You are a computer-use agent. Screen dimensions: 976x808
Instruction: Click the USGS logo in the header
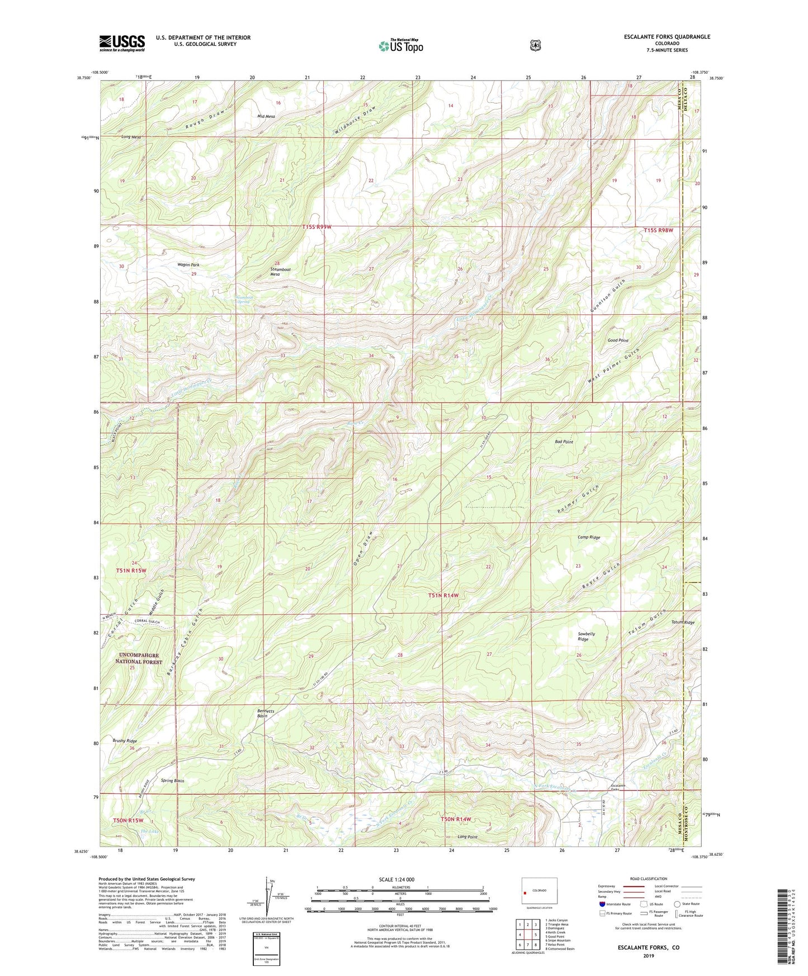122,43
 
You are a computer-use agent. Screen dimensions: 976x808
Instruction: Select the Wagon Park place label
188,265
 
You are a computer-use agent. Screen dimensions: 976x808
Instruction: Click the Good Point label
618,340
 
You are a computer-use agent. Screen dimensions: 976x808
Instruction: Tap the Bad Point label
564,442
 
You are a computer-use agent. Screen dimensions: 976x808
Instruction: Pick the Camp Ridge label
588,537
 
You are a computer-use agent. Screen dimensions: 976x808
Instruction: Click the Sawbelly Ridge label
586,636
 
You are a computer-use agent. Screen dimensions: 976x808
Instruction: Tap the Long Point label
467,837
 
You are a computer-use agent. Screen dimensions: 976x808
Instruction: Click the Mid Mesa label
266,116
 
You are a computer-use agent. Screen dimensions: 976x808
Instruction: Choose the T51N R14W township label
443,595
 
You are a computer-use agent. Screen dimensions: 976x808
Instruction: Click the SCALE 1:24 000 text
396,879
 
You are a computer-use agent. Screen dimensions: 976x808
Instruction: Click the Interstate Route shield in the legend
602,903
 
